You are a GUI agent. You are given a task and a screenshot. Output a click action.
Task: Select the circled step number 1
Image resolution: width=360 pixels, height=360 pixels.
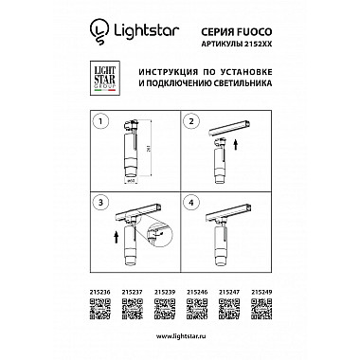click(104, 123)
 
